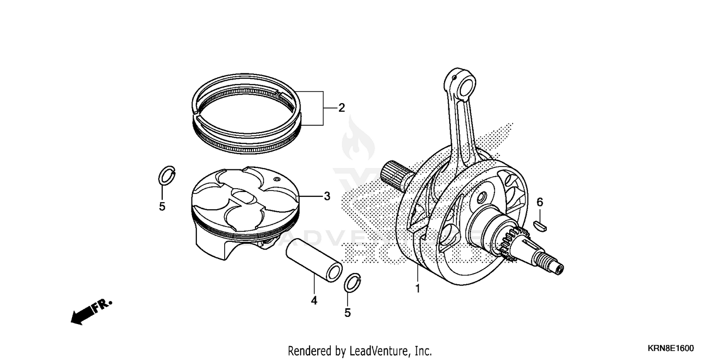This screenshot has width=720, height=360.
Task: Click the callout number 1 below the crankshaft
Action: pyautogui.click(x=418, y=289)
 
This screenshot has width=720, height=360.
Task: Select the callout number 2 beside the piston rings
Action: pyautogui.click(x=341, y=108)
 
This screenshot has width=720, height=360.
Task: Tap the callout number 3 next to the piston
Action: pyautogui.click(x=327, y=196)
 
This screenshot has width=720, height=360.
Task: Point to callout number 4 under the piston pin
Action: pyautogui.click(x=314, y=300)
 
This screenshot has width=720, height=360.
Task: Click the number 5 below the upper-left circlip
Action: pyautogui.click(x=162, y=207)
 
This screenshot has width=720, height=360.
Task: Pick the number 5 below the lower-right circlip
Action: pyautogui.click(x=348, y=312)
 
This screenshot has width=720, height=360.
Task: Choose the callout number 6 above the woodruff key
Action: pyautogui.click(x=540, y=203)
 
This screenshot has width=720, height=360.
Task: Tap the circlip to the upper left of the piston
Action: pyautogui.click(x=166, y=176)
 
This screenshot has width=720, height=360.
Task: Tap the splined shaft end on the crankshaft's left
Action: pyautogui.click(x=393, y=172)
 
